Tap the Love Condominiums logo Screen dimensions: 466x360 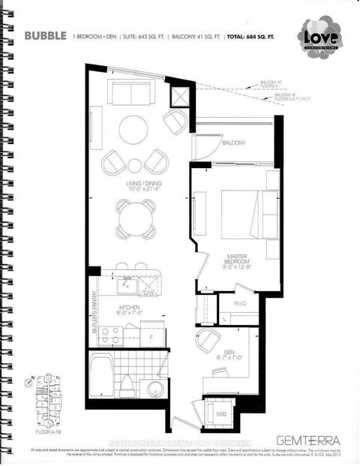pos(320,36)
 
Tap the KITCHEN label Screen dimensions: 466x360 pos(130,308)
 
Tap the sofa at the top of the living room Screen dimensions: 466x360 pos(133,92)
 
